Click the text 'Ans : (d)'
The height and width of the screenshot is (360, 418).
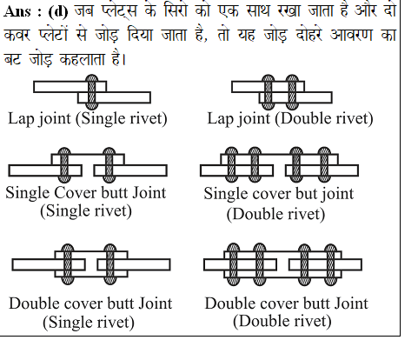36,12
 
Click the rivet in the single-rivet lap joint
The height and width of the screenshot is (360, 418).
92,92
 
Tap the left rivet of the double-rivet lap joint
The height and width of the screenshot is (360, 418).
268,92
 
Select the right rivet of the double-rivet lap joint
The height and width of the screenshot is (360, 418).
292,92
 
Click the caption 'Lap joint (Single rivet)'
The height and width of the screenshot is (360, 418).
88,119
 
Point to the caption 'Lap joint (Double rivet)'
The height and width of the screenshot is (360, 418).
290,119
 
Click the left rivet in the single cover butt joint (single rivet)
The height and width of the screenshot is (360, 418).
64,165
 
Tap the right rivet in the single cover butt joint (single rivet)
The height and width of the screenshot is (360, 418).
109,165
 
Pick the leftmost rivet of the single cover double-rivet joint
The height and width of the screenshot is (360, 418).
231,165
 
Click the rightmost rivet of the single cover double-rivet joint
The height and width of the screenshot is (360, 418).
324,165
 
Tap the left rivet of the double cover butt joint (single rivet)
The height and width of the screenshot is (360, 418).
68,263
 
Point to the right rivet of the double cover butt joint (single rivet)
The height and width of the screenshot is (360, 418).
109,263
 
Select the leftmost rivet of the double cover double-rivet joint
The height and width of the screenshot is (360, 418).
233,263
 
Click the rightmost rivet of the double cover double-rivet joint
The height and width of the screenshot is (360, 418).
330,263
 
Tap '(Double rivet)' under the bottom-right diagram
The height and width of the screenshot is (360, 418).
282,322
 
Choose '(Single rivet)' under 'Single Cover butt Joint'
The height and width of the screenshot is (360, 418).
86,211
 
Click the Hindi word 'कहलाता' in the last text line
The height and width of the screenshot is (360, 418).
82,60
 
